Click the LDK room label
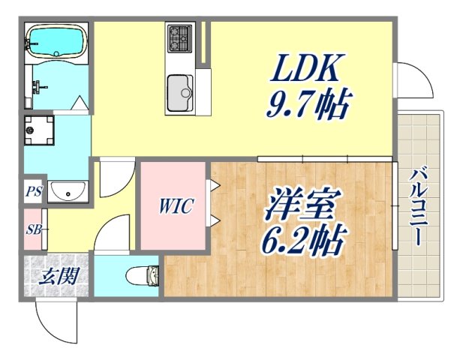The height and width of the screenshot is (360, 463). click(x=307, y=72)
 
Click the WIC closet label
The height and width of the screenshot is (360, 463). click(x=176, y=205)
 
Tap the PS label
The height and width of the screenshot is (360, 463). click(x=33, y=191)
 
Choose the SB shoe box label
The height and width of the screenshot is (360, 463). click(x=33, y=229)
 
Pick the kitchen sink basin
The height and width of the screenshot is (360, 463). click(x=180, y=91)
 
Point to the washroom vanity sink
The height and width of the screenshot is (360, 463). click(x=68, y=193)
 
